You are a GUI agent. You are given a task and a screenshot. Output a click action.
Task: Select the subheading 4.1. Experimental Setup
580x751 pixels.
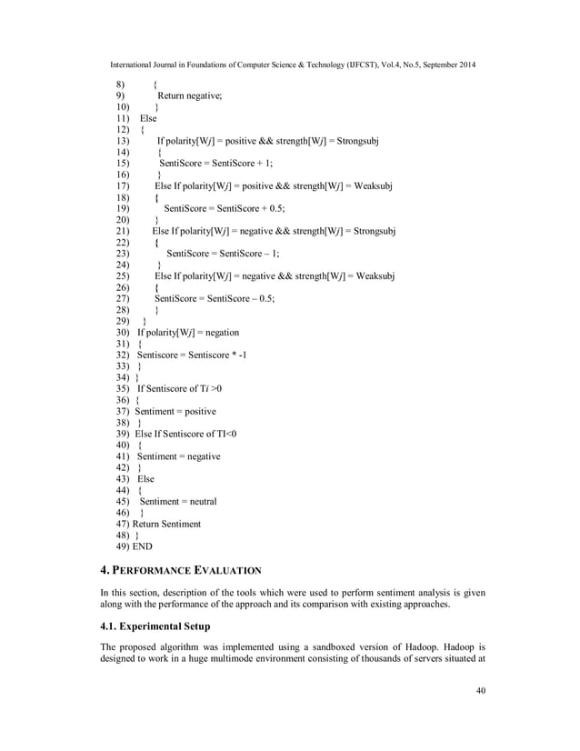(155, 626)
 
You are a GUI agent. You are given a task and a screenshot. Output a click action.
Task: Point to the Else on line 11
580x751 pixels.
(147, 118)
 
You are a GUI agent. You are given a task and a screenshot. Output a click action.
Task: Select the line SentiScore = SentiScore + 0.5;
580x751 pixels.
(219, 208)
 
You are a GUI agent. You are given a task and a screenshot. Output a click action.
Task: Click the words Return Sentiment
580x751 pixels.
(166, 524)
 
